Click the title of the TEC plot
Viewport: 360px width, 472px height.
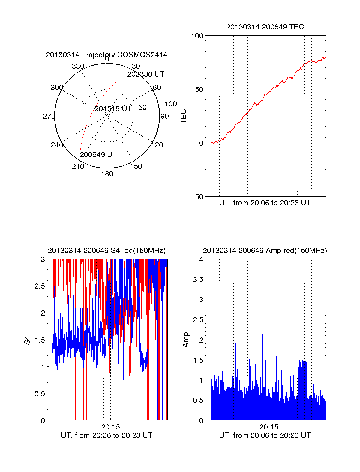265,27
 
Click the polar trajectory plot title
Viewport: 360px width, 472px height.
106,55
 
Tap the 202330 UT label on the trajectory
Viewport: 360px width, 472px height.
146,74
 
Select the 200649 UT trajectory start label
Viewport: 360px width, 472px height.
98,155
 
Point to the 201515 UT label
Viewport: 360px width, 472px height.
113,109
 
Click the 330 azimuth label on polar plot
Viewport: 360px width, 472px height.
78,66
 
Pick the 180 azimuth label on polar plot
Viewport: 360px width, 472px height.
107,174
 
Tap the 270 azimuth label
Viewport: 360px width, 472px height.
49,116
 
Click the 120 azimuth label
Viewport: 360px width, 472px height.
157,145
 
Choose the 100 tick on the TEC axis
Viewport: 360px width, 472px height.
197,36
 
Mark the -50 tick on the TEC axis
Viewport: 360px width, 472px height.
198,197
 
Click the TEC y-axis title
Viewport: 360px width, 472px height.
184,116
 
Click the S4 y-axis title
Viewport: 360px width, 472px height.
27,340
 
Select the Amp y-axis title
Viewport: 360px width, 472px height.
186,340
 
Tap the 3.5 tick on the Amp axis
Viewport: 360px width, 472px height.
198,280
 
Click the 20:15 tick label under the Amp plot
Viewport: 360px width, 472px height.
269,427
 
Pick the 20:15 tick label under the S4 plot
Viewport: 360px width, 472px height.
110,427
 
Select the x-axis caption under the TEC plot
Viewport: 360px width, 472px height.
265,203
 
